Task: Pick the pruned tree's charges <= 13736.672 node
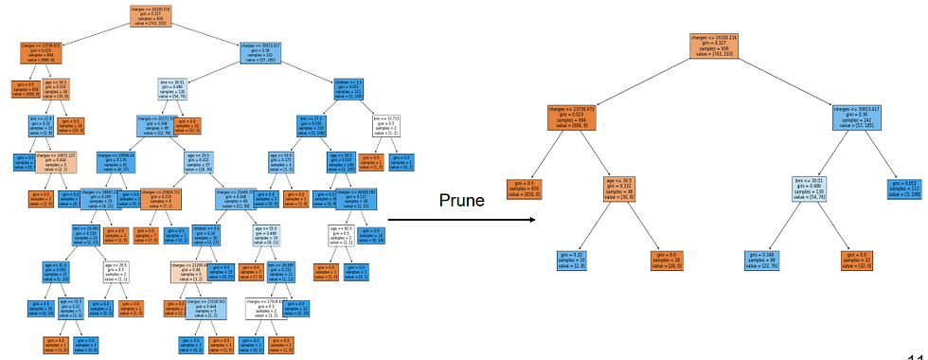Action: [x=575, y=119]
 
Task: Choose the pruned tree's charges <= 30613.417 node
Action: [x=860, y=119]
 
